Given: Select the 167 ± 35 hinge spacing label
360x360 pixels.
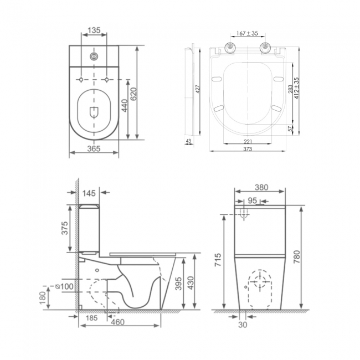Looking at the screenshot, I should pos(247,34).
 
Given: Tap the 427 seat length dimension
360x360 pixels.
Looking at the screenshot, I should pos(196,90).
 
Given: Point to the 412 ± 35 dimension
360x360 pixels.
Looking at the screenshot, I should pos(297,89).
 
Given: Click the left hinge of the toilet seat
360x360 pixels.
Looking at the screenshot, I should pos(229,48).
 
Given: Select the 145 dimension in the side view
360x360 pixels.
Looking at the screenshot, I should pos(89,193).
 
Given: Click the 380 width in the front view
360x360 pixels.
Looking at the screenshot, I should pos(260,187).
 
